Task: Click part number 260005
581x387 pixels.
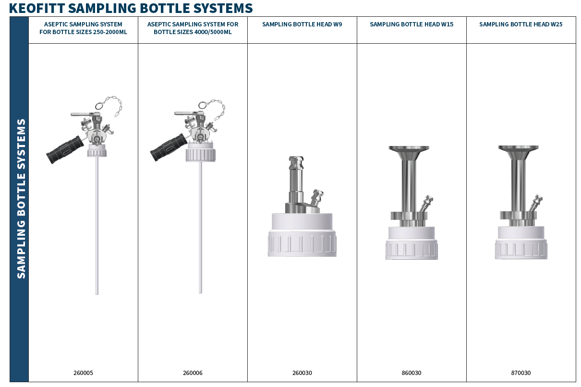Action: [x=83, y=373]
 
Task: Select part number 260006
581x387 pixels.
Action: [x=193, y=373]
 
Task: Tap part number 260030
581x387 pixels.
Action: [x=302, y=373]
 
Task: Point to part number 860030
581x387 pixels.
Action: [x=412, y=373]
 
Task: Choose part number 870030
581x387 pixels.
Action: [x=521, y=373]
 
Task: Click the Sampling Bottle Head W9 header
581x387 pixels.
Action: [x=302, y=24]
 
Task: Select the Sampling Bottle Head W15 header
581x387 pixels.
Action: [x=412, y=24]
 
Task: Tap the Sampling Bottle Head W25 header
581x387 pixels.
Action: [x=521, y=24]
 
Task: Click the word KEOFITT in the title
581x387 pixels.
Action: [x=36, y=8]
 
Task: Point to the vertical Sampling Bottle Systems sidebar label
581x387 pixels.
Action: [x=21, y=199]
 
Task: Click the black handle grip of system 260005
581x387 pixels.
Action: [x=65, y=150]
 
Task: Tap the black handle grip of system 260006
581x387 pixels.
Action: [x=169, y=147]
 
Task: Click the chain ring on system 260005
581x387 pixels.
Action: [x=99, y=106]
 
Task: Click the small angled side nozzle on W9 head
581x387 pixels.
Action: [x=316, y=198]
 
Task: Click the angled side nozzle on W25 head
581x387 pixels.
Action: [x=536, y=203]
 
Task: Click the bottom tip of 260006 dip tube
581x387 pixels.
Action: [x=200, y=292]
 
